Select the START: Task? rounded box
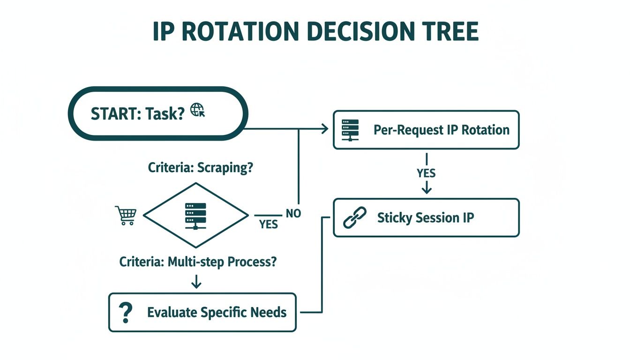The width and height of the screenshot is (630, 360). point(158,113)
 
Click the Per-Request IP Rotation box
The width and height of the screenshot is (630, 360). point(426,130)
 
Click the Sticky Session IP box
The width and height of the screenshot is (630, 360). point(426,218)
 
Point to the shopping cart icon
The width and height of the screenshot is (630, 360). point(125,216)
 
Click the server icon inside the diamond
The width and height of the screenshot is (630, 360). point(195,216)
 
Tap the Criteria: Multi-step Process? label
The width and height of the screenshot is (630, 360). point(198,262)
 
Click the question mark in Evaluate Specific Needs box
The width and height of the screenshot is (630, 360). point(125,312)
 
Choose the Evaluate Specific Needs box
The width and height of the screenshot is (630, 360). point(202,312)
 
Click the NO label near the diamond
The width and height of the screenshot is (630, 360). point(293,214)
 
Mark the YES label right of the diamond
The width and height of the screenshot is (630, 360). point(269,225)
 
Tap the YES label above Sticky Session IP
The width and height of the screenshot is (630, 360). point(426,173)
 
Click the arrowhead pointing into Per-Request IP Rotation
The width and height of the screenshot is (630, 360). point(324,128)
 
